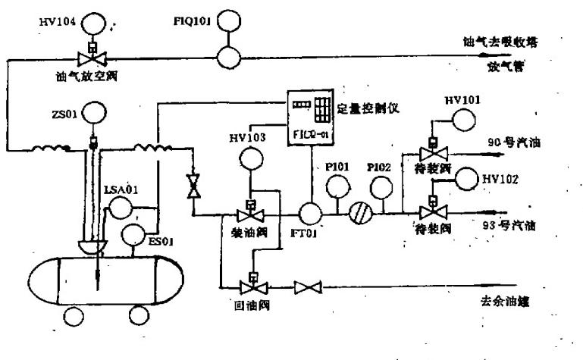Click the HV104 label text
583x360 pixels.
pyautogui.click(x=59, y=22)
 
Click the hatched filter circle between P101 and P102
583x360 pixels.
pyautogui.click(x=359, y=213)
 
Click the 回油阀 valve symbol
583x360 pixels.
pyautogui.click(x=250, y=287)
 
